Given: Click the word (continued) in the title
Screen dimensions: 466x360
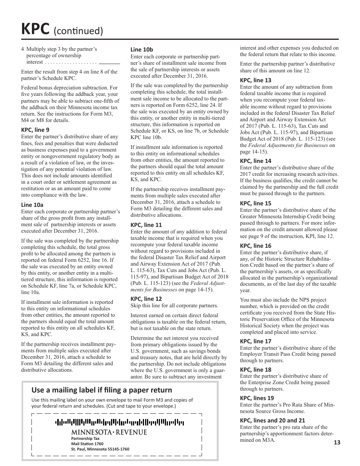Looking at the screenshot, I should (x=78, y=30).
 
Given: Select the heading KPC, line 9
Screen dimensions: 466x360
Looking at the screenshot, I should (x=35, y=130).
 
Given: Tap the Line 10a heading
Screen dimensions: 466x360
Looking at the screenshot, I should (x=32, y=205).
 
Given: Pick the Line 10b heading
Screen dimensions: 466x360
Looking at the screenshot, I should (x=142, y=49).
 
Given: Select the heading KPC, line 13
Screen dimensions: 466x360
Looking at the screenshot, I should (x=255, y=80).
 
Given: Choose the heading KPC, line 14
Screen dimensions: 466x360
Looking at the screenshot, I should (x=255, y=161).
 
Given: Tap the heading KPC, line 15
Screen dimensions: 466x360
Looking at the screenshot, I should (x=255, y=203).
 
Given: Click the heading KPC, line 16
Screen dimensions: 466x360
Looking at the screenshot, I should (x=255, y=246).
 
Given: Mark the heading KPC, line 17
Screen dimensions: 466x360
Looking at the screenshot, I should (x=255, y=341).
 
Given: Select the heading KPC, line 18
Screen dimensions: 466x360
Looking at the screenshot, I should (x=255, y=369).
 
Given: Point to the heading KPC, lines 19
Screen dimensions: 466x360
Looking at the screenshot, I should (x=257, y=398).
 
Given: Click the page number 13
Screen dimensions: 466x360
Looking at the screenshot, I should (x=337, y=442).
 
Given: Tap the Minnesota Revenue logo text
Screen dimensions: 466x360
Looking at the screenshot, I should (x=109, y=432).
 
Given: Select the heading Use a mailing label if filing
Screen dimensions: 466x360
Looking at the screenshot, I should (x=102, y=390).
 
